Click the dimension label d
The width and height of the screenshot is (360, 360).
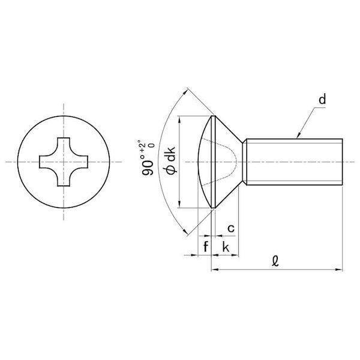322,100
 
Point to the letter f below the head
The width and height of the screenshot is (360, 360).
206,247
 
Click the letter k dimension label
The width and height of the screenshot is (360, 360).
226,247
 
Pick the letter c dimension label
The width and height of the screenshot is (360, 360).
231,229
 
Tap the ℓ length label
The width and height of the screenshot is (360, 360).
275,261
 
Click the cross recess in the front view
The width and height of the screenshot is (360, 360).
64,162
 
